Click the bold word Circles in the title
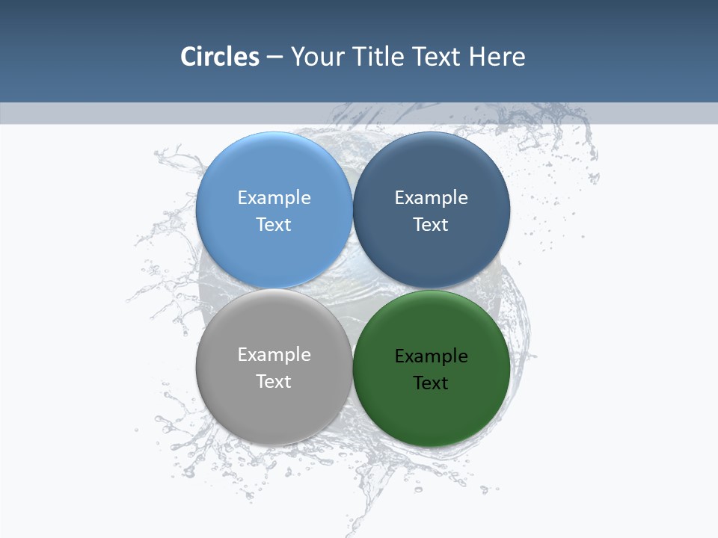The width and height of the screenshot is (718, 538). (x=220, y=57)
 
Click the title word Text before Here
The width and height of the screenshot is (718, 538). (x=437, y=57)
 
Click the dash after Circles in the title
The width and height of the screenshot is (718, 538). (x=274, y=58)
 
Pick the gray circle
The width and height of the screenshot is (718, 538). (x=274, y=411)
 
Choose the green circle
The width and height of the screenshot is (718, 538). (x=431, y=415)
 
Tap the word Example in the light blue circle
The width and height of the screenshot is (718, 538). (x=274, y=197)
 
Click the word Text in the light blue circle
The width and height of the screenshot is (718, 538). (x=274, y=224)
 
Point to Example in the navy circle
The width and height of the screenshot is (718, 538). (x=431, y=197)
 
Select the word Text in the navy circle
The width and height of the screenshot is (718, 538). (x=431, y=224)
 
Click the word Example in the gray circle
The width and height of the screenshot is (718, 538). (x=274, y=354)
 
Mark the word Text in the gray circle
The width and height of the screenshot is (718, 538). (x=274, y=381)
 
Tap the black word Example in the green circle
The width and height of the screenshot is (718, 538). (x=431, y=356)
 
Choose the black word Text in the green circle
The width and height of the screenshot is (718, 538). (x=431, y=383)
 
